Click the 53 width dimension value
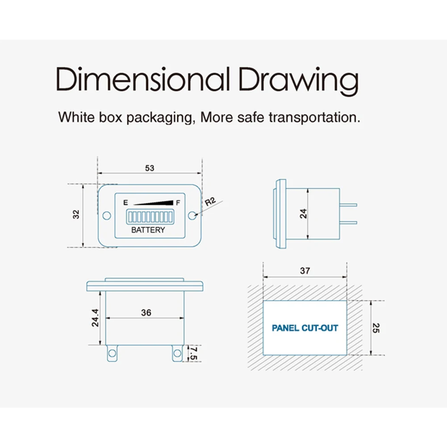[150, 168]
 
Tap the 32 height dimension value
[76, 214]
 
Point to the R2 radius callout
[210, 201]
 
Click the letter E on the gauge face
[126, 203]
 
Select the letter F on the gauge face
[178, 203]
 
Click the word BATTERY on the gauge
[148, 230]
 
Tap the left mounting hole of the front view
[107, 216]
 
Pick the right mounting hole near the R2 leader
[192, 216]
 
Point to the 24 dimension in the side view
[304, 213]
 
